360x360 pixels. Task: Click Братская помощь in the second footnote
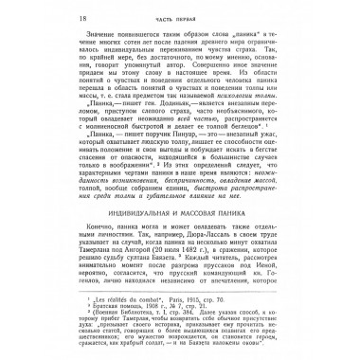(99, 322)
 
